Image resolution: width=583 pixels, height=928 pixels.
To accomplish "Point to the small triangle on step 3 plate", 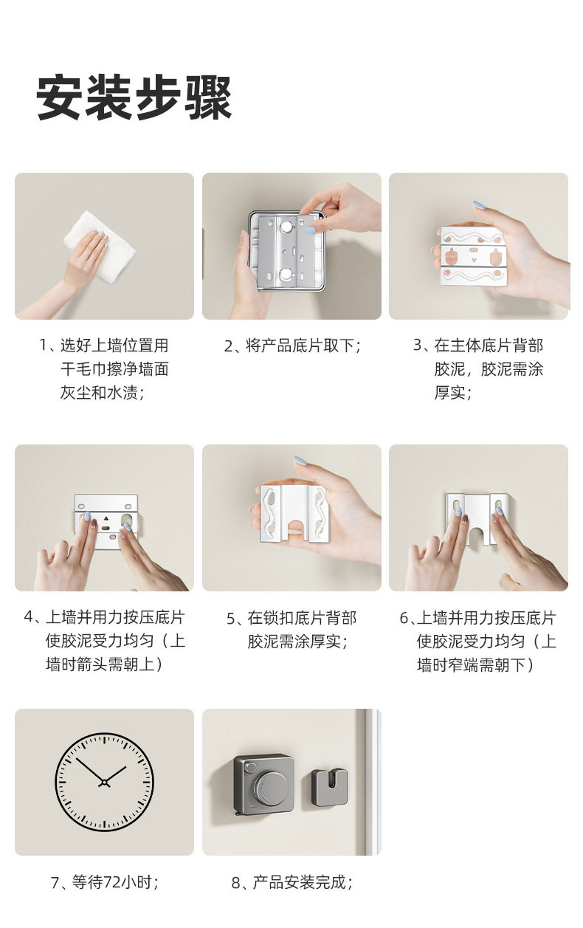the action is click(x=474, y=261).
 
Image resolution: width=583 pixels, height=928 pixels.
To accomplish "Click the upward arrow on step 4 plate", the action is click(x=106, y=518).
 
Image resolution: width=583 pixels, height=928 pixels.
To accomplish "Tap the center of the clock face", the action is click(x=104, y=783).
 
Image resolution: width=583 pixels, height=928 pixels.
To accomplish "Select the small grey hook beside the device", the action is click(x=329, y=788).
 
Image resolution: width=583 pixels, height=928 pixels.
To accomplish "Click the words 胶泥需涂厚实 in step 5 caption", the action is click(x=294, y=642).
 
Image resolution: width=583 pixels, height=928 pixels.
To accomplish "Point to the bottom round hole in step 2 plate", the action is click(x=286, y=273).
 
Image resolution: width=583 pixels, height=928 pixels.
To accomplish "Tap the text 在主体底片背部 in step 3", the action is click(x=489, y=346).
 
